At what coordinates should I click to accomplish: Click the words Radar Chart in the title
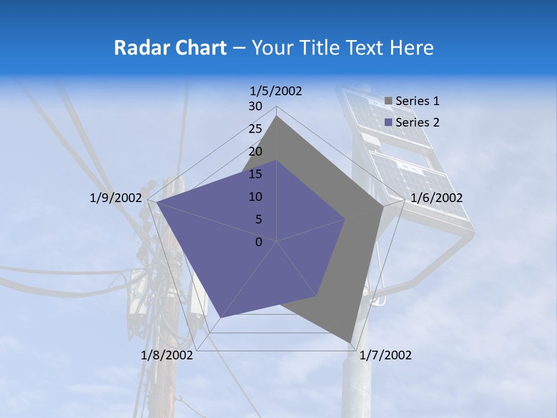click(170, 48)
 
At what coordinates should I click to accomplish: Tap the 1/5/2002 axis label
click(276, 91)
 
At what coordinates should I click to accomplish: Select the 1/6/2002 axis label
click(436, 198)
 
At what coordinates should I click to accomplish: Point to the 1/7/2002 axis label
click(385, 355)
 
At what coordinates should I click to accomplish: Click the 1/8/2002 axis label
click(167, 355)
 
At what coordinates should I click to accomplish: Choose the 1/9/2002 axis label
click(115, 198)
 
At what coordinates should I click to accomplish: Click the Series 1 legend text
click(417, 101)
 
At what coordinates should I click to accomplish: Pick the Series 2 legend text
click(417, 122)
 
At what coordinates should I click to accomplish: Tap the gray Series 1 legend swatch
click(389, 101)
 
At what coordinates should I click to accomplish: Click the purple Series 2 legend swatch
click(389, 122)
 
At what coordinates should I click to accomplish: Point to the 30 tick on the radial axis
click(255, 106)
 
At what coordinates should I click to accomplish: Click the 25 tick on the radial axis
click(255, 129)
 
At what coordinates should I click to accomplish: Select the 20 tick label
click(255, 152)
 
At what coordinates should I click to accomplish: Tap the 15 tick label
click(255, 174)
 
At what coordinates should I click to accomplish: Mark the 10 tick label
click(255, 197)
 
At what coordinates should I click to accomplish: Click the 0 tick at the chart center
click(259, 242)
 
